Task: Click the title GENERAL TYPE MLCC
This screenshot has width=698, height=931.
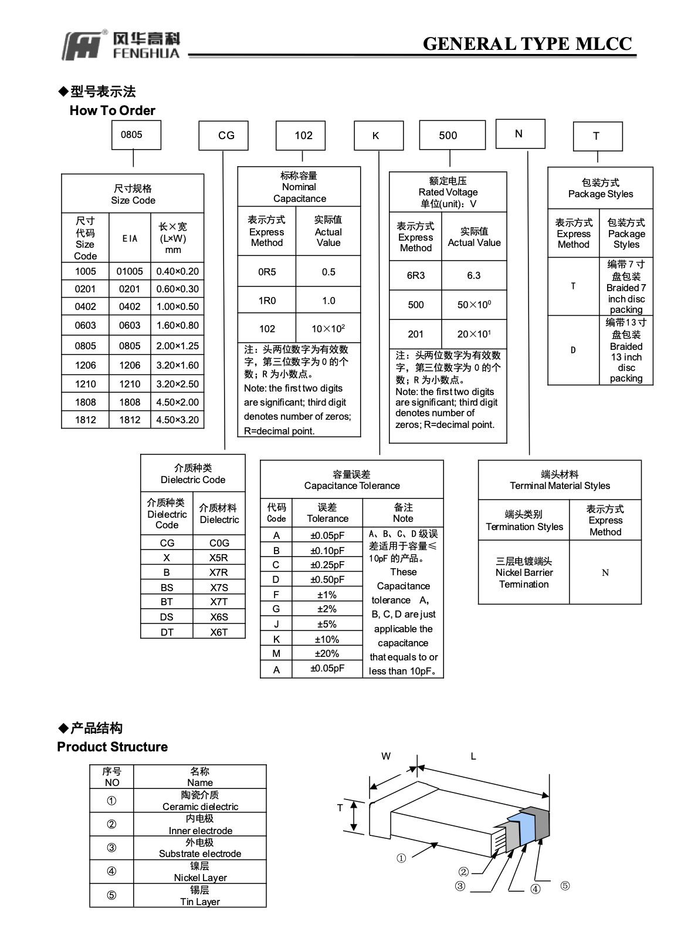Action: tap(527, 43)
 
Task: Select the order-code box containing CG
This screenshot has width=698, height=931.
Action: tap(223, 135)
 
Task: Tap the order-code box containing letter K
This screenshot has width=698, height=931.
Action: tap(379, 135)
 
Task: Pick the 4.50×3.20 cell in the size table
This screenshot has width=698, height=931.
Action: tap(177, 420)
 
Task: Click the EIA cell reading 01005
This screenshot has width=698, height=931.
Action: tap(130, 271)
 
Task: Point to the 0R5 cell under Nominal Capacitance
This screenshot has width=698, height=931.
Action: tap(266, 271)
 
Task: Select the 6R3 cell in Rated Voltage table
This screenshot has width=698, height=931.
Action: tap(415, 275)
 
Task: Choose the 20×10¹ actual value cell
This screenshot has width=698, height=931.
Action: tap(474, 334)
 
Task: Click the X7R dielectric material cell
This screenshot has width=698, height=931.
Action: tap(219, 572)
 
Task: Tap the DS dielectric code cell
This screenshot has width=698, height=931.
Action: tap(167, 617)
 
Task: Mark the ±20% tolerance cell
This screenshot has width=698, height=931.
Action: tap(327, 653)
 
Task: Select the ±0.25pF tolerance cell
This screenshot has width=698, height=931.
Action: tap(327, 565)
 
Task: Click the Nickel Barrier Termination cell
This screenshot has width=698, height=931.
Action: tap(524, 572)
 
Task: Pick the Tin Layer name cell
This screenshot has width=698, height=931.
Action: tap(199, 895)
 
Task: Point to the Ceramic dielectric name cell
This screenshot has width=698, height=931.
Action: tap(199, 800)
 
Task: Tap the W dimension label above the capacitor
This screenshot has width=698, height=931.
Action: tap(385, 756)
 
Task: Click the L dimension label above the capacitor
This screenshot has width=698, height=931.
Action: tap(473, 756)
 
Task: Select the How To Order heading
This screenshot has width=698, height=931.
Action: tap(112, 110)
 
